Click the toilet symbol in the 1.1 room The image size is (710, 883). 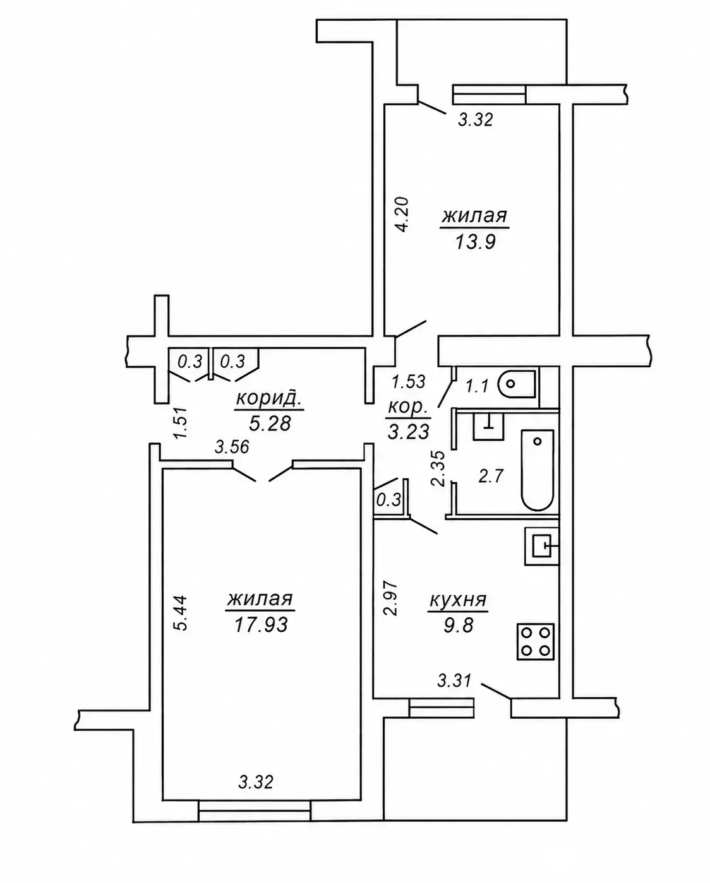click(x=517, y=384)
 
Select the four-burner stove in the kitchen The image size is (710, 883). click(x=535, y=642)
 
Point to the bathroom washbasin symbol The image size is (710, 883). click(x=488, y=426)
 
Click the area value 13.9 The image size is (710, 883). click(x=475, y=242)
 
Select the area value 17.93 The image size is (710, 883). click(x=261, y=625)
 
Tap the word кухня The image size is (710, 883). click(x=458, y=600)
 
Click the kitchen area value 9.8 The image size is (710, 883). click(x=458, y=625)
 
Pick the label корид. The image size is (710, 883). click(x=269, y=398)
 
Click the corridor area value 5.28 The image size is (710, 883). click(x=270, y=424)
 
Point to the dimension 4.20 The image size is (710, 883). click(x=402, y=215)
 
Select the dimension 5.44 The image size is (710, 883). click(x=180, y=613)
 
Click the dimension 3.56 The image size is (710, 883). click(x=232, y=447)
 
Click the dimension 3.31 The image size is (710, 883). click(x=454, y=682)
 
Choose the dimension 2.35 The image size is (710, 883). click(x=438, y=468)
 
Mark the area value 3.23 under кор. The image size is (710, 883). click(x=409, y=432)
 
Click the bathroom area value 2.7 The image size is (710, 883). click(x=491, y=477)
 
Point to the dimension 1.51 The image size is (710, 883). click(x=181, y=423)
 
